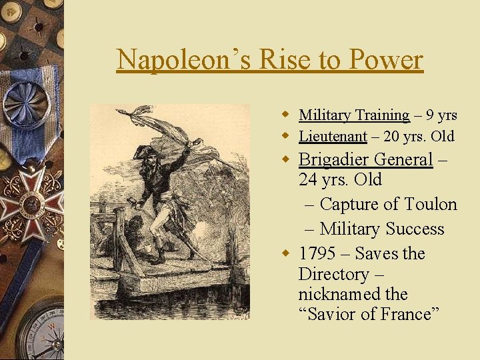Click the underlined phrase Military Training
353,115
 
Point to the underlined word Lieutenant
333,137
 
